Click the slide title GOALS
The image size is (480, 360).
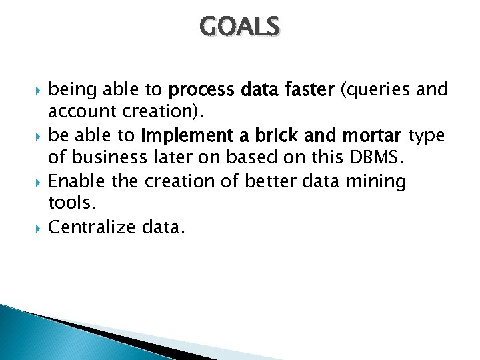tap(240, 27)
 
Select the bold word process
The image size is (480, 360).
tap(201, 90)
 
